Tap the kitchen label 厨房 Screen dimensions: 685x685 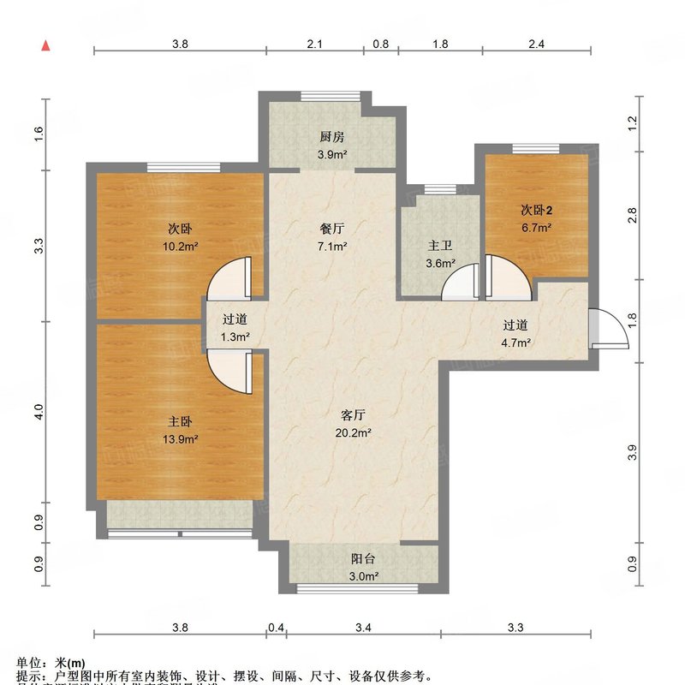(331, 136)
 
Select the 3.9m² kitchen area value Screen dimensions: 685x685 (331, 154)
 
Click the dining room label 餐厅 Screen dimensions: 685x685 (331, 229)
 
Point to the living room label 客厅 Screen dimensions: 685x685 (354, 414)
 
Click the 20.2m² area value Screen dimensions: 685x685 (354, 433)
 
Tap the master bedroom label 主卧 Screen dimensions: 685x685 (179, 421)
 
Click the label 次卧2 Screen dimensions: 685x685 (536, 211)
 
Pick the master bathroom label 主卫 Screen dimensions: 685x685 (440, 246)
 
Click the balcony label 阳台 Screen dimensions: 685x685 (363, 558)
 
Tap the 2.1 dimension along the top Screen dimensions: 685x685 (314, 44)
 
